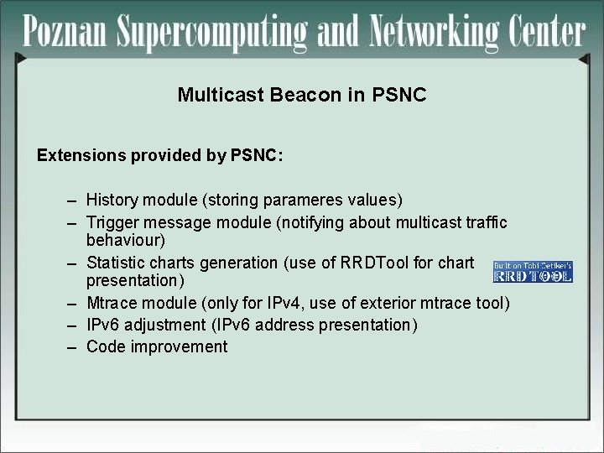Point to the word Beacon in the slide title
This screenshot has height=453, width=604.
(306, 95)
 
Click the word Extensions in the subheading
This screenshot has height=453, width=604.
(77, 155)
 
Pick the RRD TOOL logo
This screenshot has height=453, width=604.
(533, 270)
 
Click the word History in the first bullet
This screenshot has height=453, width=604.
(113, 200)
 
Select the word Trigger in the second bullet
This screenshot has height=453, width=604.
(113, 222)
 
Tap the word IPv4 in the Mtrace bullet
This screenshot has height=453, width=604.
(295, 302)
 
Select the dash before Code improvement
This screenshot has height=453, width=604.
(74, 346)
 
